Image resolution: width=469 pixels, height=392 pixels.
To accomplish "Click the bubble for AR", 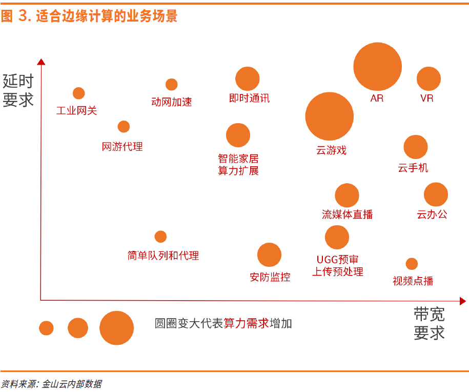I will tap(378, 67).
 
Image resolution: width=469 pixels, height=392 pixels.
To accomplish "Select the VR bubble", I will tap(429, 79).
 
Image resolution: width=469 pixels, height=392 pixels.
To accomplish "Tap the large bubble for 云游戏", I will tap(330, 116).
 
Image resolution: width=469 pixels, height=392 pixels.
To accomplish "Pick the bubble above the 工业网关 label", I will tap(78, 93).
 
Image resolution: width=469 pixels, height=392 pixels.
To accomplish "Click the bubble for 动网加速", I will tap(172, 85).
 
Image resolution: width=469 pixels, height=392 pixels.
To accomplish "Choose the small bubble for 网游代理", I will tap(124, 127).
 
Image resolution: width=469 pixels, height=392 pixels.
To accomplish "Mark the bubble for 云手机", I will tap(416, 147).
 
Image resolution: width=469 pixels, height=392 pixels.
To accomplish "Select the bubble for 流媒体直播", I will tap(347, 195).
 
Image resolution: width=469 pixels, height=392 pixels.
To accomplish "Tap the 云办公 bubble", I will tap(436, 194).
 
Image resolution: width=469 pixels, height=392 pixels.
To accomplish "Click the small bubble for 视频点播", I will tap(412, 264).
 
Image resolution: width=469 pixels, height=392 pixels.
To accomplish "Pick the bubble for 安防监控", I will tap(269, 255).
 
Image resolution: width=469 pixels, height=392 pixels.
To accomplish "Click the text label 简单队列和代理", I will tap(163, 255).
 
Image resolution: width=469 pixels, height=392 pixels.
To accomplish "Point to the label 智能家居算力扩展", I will tap(238, 165).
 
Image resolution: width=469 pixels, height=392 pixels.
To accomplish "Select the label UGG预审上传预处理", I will tap(338, 266).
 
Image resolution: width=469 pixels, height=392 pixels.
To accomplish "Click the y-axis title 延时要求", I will tap(18, 90).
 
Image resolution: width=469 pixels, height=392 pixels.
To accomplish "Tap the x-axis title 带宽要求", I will tap(429, 323).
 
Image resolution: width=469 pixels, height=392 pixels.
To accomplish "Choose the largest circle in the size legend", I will tap(116, 328).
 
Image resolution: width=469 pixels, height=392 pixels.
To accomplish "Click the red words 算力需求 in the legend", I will tap(246, 323).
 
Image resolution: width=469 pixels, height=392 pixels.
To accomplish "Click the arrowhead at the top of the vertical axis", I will tap(41, 62).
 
